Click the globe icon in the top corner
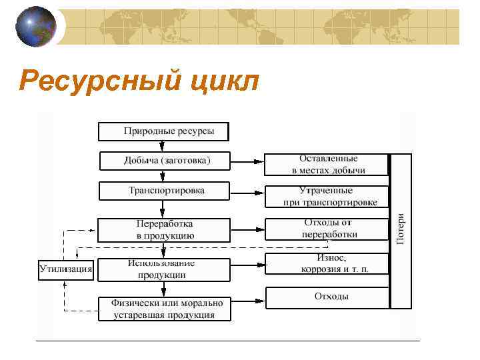(36, 27)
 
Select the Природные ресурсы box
(163, 131)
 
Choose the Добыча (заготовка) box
(165, 161)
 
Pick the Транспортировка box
(165, 191)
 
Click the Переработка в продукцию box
(164, 229)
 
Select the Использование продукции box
(164, 269)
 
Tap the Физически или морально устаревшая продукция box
(164, 309)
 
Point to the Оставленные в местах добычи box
(327, 164)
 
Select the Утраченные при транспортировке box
(327, 196)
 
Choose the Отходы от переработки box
(327, 229)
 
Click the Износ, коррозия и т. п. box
(327, 263)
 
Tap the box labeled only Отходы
(327, 297)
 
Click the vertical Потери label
(401, 230)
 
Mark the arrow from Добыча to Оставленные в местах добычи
(247, 161)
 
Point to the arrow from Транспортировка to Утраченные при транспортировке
(247, 193)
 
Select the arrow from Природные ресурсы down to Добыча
(163, 146)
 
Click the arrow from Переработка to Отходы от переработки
(247, 229)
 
